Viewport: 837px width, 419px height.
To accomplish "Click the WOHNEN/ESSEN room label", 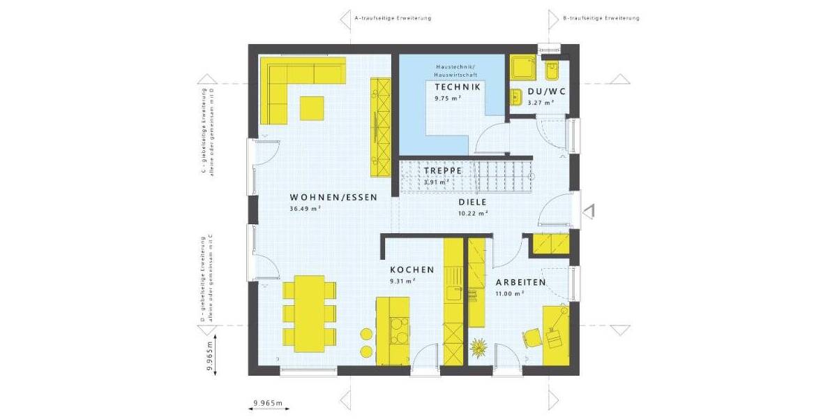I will tap(333, 198).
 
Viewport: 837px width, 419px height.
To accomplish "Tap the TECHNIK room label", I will tap(457, 87).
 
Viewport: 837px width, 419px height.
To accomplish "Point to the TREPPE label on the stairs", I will tap(443, 170).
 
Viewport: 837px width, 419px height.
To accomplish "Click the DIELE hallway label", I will tap(472, 203).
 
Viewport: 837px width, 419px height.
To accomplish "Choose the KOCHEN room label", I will tap(412, 270).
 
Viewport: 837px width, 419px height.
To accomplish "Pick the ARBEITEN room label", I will tap(520, 282).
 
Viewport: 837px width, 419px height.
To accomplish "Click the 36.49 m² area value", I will tap(305, 209).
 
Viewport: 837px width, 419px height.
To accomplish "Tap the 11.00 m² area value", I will tap(510, 294).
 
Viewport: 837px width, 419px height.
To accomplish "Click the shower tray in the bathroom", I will tap(522, 68).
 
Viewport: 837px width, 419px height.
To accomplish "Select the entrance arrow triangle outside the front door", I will tap(589, 210).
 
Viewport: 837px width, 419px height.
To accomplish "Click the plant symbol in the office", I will tap(479, 345).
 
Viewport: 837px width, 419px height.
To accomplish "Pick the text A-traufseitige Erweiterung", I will tap(392, 18).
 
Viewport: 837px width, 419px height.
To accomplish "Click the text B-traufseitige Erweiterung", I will tap(601, 18).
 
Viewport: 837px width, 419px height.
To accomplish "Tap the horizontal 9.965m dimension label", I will tap(267, 403).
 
